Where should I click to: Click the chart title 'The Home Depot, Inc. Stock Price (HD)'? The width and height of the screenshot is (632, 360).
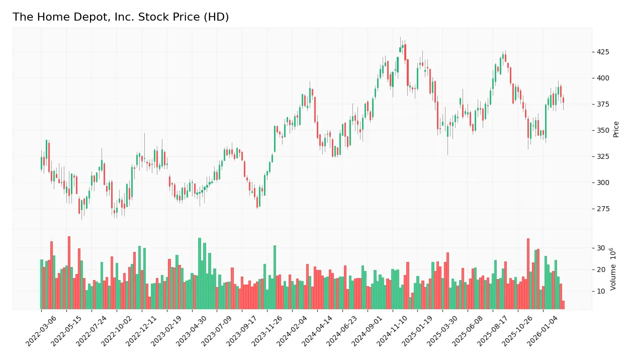click(x=121, y=17)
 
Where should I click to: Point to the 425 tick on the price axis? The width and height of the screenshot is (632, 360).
click(x=603, y=52)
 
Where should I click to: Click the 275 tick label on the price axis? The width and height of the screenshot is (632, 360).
click(x=603, y=209)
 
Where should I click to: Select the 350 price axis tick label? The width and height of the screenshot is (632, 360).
click(x=603, y=130)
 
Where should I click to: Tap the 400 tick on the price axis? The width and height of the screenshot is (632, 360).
click(x=603, y=78)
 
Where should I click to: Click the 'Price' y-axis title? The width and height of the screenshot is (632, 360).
click(x=616, y=129)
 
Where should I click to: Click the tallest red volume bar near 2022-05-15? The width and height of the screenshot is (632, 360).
click(x=69, y=273)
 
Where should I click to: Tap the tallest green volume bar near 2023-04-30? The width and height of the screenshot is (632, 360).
click(x=200, y=274)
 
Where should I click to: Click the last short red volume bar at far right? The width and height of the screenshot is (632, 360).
click(x=563, y=305)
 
